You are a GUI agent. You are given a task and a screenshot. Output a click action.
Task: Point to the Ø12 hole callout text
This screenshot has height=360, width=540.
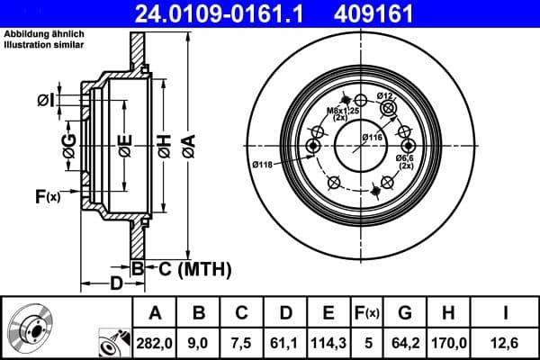(384, 95)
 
